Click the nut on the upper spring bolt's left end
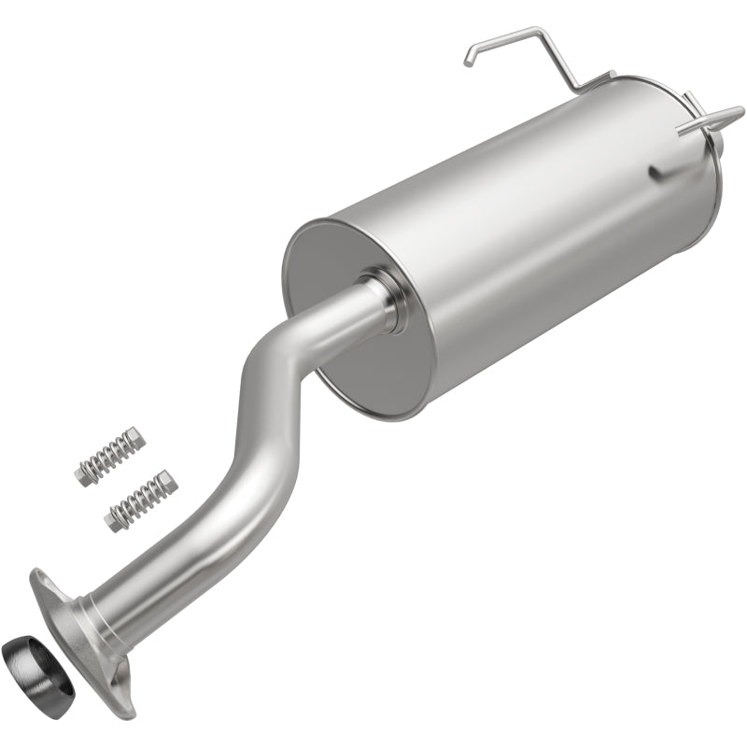click(83, 473)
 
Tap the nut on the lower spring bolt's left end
click(115, 519)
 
